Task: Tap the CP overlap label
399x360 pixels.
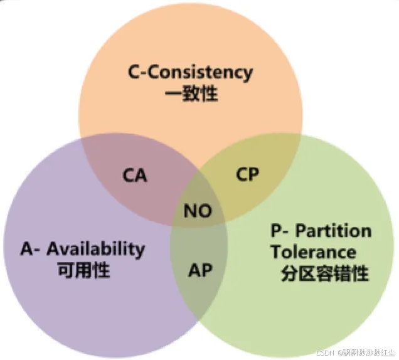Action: coord(248,174)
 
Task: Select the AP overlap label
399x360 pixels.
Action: coord(201,271)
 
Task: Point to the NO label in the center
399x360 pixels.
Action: coord(198,211)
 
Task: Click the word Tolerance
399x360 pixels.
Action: coord(314,252)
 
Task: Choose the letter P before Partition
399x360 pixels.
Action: coord(277,231)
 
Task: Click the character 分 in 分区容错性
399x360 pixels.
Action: coord(290,274)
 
